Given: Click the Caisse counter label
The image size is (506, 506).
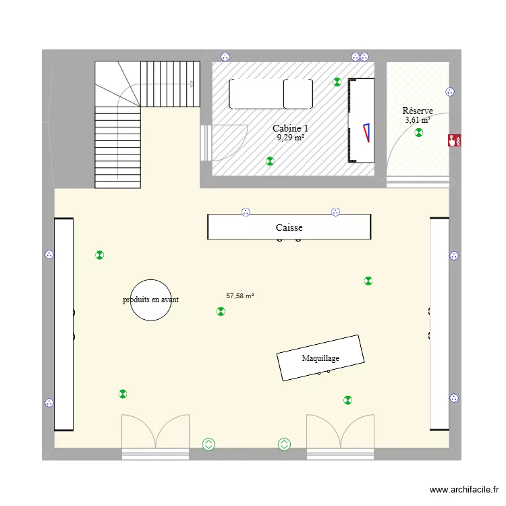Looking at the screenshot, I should [289, 228].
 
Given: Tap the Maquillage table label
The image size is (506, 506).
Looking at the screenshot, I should [320, 358].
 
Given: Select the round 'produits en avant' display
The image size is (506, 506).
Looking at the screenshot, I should [150, 300].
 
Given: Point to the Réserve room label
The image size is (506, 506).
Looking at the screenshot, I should [418, 111].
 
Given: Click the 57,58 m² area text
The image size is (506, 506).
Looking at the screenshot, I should [240, 296].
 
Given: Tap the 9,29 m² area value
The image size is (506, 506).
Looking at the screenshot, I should [290, 138].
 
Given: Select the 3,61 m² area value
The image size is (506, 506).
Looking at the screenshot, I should [418, 120].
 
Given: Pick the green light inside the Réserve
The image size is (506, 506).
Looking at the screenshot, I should [419, 133].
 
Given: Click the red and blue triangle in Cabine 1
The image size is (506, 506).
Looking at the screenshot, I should [366, 132].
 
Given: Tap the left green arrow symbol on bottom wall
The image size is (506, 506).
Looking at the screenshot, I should [208, 444].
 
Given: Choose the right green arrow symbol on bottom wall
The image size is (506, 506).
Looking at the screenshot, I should [284, 444].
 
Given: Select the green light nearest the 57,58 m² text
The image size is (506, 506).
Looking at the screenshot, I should [221, 311].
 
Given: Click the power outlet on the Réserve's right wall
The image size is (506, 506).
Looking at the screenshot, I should [451, 92].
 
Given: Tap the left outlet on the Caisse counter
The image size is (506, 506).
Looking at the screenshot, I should [246, 212].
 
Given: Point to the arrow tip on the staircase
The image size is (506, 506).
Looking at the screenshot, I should [192, 84].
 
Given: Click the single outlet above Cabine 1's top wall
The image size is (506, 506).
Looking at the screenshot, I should [223, 57].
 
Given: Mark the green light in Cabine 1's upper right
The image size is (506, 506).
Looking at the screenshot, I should [337, 82].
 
